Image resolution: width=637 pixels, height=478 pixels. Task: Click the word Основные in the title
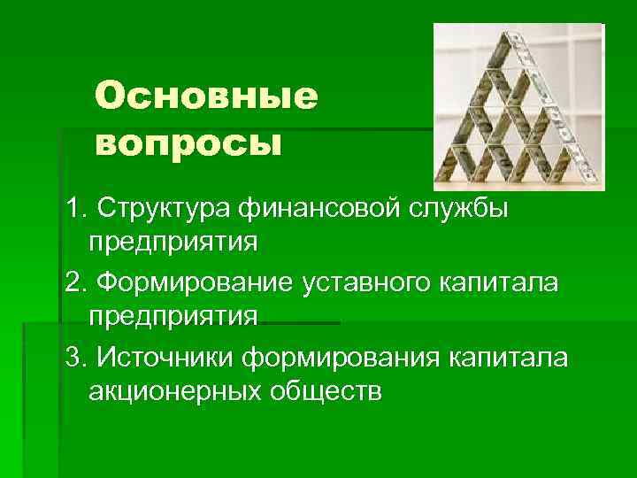(204, 96)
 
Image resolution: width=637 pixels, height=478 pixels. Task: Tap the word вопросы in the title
(187, 143)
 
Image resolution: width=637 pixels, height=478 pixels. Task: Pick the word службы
(478, 207)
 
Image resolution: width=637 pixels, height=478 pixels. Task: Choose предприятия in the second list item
(173, 316)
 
